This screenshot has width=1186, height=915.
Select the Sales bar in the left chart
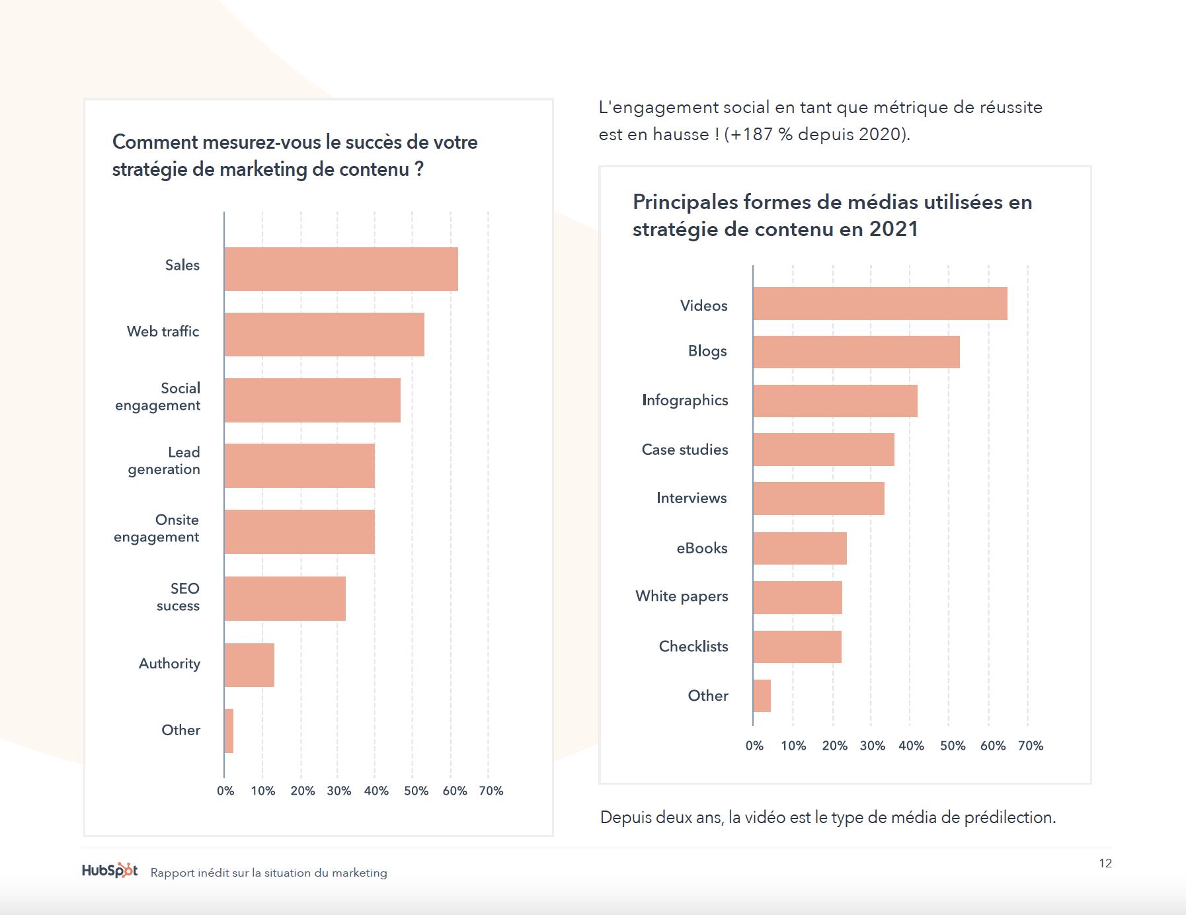click(x=340, y=269)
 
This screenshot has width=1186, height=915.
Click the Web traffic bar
click(x=324, y=335)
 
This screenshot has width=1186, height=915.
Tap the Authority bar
click(x=249, y=665)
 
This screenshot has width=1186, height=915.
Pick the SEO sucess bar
click(x=285, y=598)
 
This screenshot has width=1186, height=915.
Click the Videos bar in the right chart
click(x=880, y=303)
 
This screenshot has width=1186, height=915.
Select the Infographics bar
click(x=835, y=401)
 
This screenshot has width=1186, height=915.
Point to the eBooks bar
click(x=800, y=548)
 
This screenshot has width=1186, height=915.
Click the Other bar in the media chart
click(x=762, y=696)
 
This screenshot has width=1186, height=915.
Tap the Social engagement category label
click(x=158, y=397)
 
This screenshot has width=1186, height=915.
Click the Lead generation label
click(x=165, y=461)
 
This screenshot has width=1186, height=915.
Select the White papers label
click(x=682, y=596)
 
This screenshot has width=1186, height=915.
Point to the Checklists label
click(x=693, y=647)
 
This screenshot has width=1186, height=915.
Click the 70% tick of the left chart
click(x=491, y=791)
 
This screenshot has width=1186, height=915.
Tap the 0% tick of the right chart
click(x=754, y=746)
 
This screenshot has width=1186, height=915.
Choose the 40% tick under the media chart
click(x=911, y=746)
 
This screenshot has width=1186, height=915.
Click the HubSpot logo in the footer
click(x=110, y=870)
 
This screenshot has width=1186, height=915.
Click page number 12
click(x=1105, y=863)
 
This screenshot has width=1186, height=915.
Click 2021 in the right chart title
click(x=893, y=229)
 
